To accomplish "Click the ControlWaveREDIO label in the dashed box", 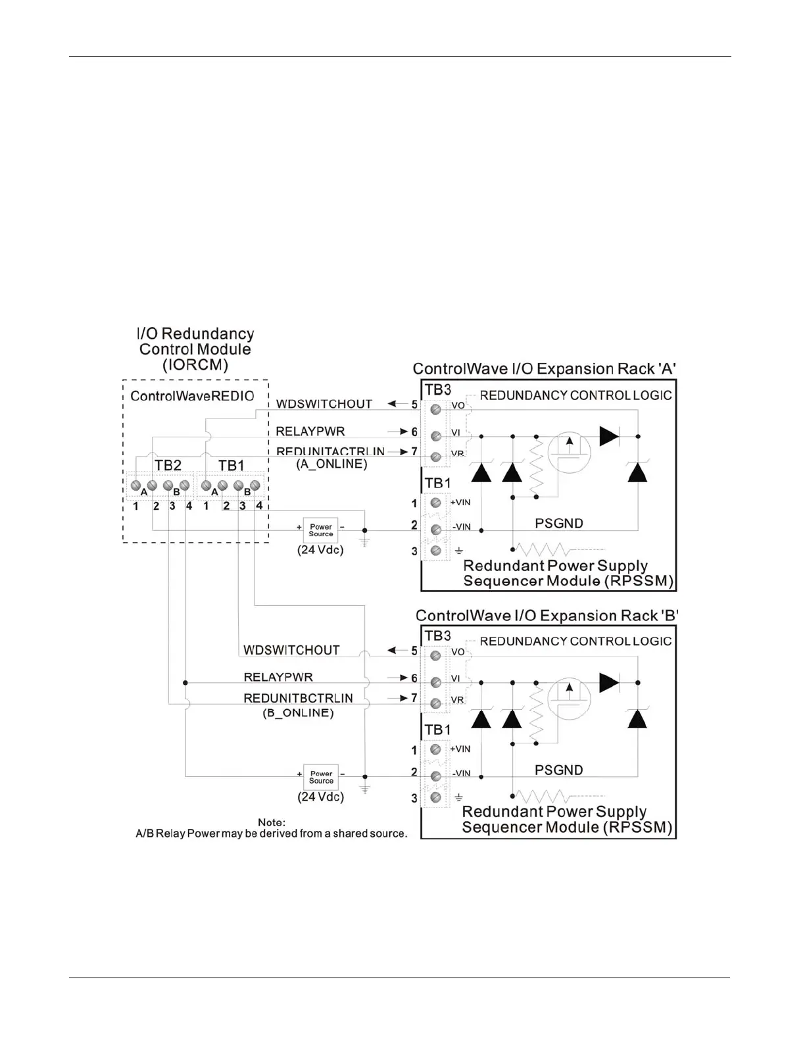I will [x=192, y=396].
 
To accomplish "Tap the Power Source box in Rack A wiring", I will [x=321, y=530].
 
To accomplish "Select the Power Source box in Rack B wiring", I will [x=321, y=777].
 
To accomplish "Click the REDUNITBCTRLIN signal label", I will [x=298, y=698].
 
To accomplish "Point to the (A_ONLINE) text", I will [x=331, y=464].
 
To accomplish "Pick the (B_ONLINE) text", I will [x=298, y=713].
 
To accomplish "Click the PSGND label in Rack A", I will [x=558, y=524].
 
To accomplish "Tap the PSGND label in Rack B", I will [x=558, y=770].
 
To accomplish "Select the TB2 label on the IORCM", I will [x=168, y=466].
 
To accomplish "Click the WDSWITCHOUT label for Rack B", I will [x=291, y=650].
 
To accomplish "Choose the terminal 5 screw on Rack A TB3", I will [x=435, y=409].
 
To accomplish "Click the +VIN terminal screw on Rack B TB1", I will [x=435, y=749].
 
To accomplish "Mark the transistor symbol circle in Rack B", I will [x=570, y=698].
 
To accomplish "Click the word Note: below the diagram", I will [x=272, y=822].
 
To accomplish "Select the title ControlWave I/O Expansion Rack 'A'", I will [x=544, y=369].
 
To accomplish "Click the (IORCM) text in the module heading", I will [x=195, y=365].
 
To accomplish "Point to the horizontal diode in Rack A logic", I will [x=609, y=436].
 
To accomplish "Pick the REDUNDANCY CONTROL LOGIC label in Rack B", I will [x=575, y=641].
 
